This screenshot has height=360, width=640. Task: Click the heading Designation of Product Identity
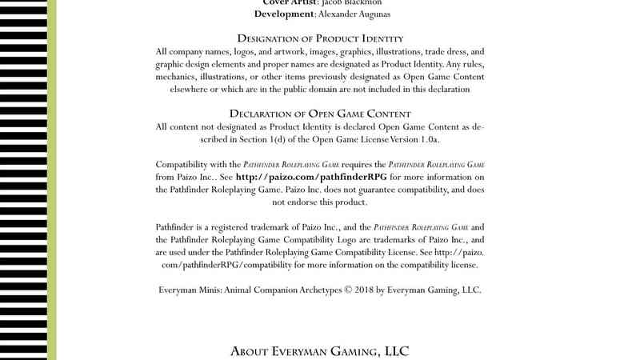tap(320, 38)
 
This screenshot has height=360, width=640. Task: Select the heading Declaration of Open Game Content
tap(320, 114)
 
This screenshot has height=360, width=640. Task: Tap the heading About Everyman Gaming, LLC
tap(320, 350)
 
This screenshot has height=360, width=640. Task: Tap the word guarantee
tap(376, 190)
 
